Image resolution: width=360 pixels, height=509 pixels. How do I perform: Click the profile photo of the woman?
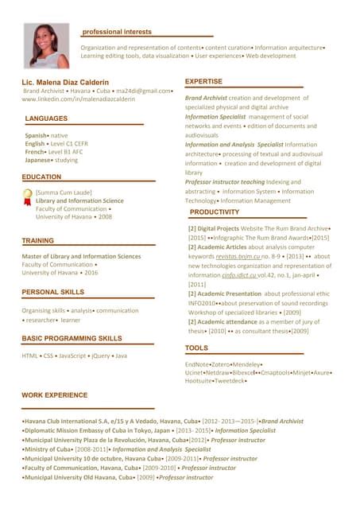point(47,45)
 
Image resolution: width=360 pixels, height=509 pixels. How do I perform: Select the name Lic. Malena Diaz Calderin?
point(66,82)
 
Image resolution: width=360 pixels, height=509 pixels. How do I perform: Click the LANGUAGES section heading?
point(46,119)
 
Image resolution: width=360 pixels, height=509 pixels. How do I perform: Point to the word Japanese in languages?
point(37,159)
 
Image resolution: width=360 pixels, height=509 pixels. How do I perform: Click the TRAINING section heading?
point(38,240)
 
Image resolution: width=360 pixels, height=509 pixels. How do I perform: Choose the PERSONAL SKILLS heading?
point(53,293)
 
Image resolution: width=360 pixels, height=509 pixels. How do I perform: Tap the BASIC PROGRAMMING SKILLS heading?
point(72,338)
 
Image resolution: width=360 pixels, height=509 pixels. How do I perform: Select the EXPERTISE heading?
point(203,82)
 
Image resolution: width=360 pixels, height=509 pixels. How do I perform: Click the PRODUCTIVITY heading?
point(215,212)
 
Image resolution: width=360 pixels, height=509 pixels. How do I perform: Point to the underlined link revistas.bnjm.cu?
point(238,257)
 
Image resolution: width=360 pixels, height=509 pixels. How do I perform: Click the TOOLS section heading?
point(196,348)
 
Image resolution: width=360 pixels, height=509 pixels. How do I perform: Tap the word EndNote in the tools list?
point(199,364)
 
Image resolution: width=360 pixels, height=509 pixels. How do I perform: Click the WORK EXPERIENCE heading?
point(55,394)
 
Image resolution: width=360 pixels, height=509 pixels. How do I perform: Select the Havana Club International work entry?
point(119,420)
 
